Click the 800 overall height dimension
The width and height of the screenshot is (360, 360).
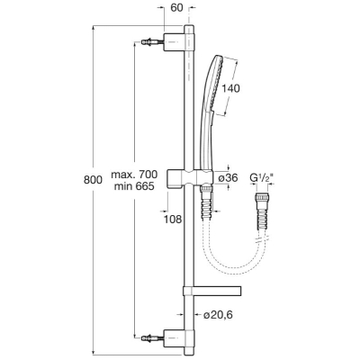93,180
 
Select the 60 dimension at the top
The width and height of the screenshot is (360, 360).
176,8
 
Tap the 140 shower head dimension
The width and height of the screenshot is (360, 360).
230,88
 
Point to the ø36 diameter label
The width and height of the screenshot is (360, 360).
228,178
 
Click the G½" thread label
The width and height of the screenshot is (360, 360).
262,178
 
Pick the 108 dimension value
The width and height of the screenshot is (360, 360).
173,220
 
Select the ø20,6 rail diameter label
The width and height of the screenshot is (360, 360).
218,315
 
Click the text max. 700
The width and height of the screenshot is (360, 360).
134,175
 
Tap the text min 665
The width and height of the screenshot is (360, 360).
134,186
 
